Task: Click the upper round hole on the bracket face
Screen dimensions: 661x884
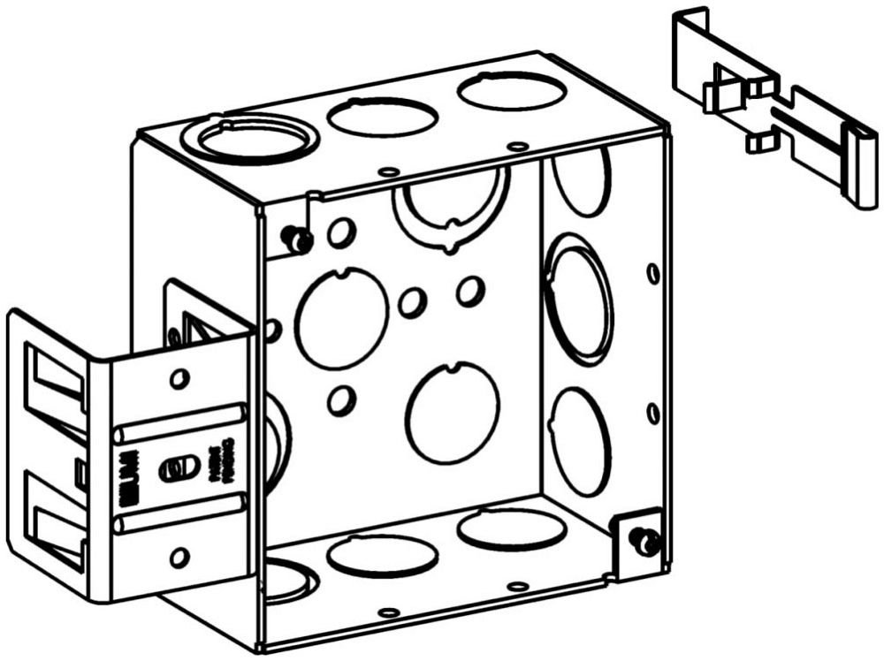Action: tap(179, 379)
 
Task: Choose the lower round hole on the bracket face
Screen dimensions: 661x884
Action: tap(179, 557)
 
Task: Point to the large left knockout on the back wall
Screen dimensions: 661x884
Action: tap(341, 318)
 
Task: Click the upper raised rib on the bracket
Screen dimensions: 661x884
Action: tap(180, 420)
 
